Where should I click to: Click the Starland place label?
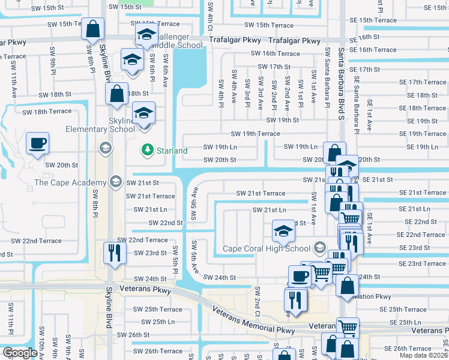(x=172, y=151)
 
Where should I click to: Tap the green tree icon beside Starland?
(x=145, y=149)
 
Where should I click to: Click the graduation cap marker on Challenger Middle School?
(x=145, y=36)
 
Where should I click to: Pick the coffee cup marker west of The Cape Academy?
(x=37, y=143)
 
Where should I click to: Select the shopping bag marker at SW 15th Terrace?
(x=93, y=28)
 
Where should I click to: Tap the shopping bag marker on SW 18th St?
(x=116, y=93)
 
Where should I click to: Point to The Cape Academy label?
(x=71, y=182)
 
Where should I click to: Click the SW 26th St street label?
(x=133, y=334)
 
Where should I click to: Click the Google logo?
(x=20, y=353)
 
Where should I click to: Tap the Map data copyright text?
(x=424, y=355)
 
